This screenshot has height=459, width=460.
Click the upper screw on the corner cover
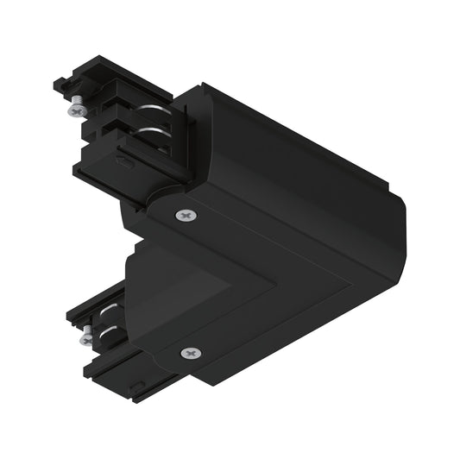pos(184,215)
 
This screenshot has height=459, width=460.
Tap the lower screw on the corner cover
pos(190,352)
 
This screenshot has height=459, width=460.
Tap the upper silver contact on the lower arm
pos(110,309)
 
